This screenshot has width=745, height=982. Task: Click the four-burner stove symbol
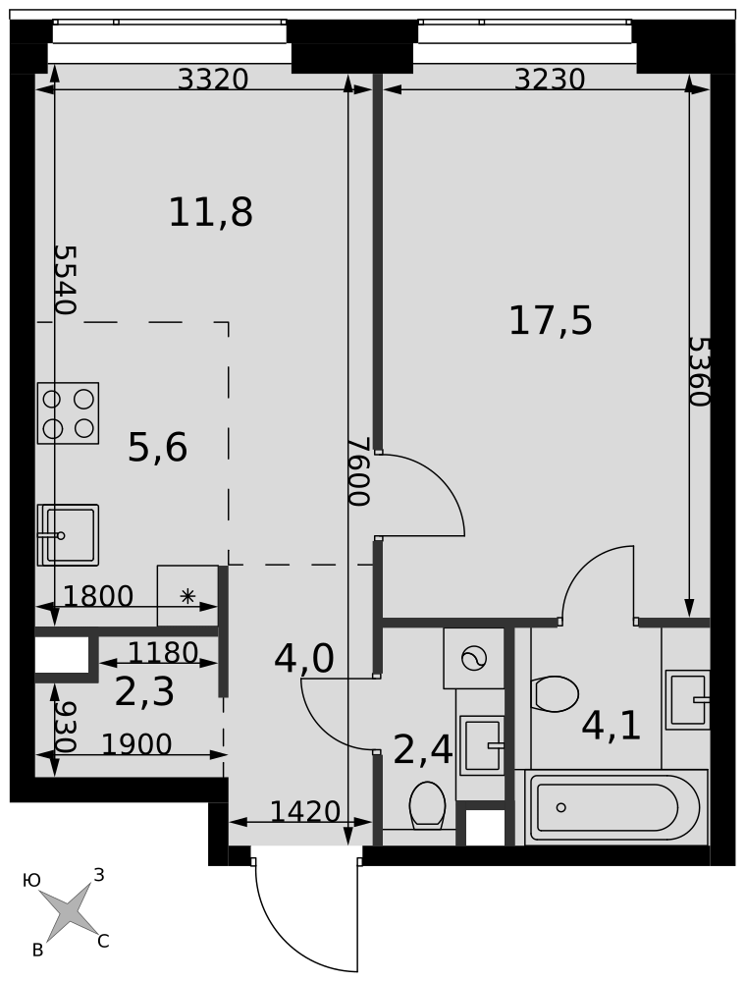(69, 412)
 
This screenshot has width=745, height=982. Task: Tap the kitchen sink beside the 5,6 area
(69, 534)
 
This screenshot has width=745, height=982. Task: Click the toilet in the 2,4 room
(428, 805)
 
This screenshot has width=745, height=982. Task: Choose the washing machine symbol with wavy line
(474, 658)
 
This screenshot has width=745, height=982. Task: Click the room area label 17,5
(551, 321)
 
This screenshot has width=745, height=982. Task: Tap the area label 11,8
(210, 212)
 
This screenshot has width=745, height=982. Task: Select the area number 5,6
(157, 449)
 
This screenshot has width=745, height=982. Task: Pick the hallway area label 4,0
(304, 659)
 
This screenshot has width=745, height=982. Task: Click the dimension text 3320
(213, 80)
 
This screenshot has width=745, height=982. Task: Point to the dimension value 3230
(550, 80)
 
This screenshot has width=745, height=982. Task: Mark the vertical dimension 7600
(359, 471)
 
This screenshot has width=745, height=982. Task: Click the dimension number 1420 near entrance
(305, 812)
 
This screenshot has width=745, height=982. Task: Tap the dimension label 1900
(136, 744)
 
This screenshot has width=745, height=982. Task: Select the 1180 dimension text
(163, 653)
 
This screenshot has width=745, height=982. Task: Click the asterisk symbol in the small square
(187, 596)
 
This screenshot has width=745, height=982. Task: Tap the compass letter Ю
(31, 881)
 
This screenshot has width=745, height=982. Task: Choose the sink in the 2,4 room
(481, 745)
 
